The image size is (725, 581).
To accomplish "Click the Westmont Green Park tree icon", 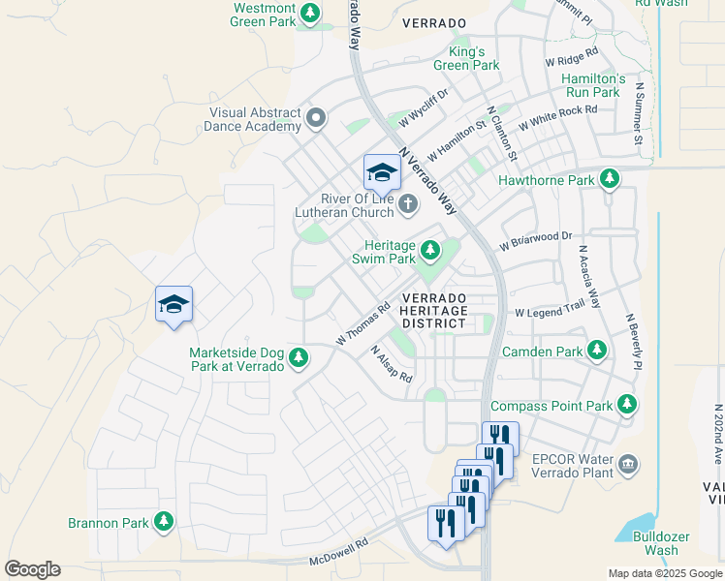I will tap(310, 14).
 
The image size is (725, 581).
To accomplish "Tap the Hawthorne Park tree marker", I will tap(610, 179).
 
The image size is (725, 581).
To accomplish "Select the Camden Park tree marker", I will tap(598, 351).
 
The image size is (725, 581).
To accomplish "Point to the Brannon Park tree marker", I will tap(164, 522).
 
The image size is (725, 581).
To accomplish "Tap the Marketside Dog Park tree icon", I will tap(299, 358).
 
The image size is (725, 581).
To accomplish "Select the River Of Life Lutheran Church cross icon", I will tap(408, 204).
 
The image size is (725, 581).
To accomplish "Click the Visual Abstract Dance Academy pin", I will tap(315, 118).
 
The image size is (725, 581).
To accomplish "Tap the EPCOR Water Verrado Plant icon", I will tap(629, 466).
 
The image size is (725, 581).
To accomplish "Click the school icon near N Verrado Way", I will tap(382, 172).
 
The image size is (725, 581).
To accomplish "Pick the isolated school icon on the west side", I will tap(173, 304).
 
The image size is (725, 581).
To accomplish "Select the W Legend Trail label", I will tap(550, 313).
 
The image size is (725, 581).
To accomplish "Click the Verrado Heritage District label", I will tap(434, 309).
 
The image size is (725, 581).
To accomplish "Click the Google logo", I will tap(32, 569).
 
